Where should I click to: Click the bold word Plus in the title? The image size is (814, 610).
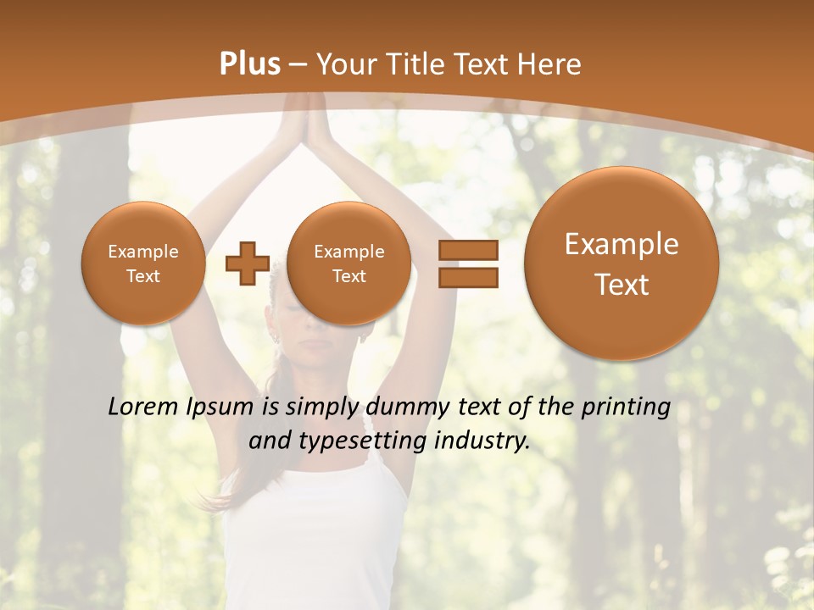[249, 64]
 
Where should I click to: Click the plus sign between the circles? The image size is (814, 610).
[247, 263]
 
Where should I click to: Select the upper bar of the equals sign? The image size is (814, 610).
[467, 250]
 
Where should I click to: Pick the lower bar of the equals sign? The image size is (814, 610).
[467, 277]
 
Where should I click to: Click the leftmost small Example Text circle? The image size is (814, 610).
[142, 263]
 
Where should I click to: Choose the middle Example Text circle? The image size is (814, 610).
[348, 263]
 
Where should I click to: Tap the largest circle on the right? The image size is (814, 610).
[622, 263]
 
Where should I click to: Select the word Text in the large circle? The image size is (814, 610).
[622, 285]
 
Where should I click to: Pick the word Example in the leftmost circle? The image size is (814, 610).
[142, 252]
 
